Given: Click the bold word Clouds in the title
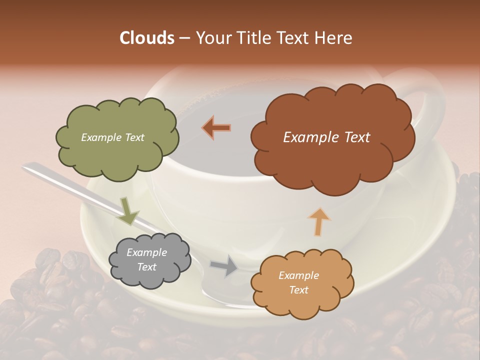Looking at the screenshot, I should tap(146, 38).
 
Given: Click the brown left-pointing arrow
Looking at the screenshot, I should tap(217, 127).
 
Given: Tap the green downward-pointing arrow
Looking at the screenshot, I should tap(128, 211).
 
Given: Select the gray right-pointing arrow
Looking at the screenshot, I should tap(225, 266).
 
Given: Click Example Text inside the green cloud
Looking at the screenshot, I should tap(112, 137).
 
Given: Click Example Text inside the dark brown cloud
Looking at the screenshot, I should tap(326, 137).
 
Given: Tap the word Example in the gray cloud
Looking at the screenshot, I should tap(146, 252).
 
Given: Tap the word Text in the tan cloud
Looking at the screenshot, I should tap(299, 290).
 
